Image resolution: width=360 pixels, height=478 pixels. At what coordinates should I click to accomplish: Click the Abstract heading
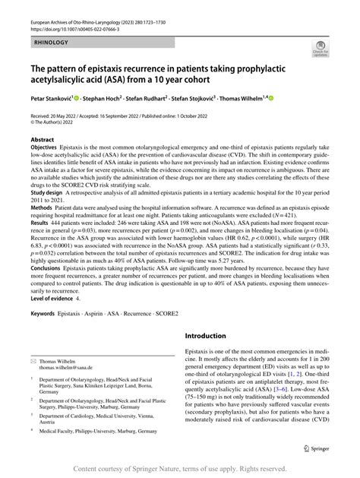point(43,141)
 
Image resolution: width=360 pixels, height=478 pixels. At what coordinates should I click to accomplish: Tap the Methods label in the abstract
point(43,207)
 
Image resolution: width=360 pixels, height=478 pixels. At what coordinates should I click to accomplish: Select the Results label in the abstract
point(41,226)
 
